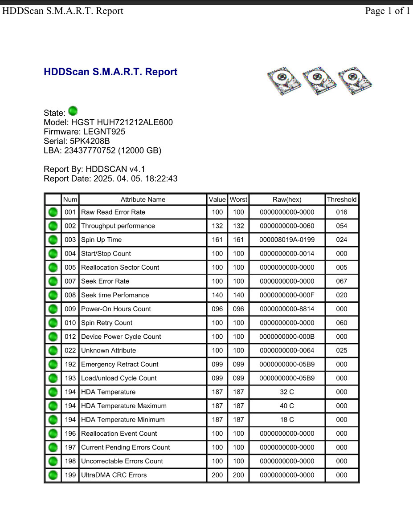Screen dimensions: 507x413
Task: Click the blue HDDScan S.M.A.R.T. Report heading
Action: (x=110, y=72)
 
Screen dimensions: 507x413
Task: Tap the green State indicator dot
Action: (x=73, y=111)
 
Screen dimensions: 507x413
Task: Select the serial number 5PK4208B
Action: (x=90, y=141)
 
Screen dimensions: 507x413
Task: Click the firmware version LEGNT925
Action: (x=104, y=132)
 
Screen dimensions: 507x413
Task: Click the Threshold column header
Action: (x=341, y=199)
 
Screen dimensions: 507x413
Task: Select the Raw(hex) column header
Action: (x=287, y=199)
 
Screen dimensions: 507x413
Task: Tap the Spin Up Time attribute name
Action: (x=101, y=240)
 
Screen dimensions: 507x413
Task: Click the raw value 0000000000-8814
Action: (x=287, y=309)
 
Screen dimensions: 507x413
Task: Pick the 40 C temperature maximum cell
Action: (x=287, y=406)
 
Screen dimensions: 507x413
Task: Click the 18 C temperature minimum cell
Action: (x=287, y=420)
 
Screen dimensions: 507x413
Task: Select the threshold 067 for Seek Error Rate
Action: (x=341, y=281)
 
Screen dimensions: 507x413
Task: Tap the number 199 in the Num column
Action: (x=70, y=475)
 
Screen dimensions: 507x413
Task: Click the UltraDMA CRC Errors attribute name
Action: (x=114, y=475)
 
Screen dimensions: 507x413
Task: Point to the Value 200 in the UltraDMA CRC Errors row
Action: (x=217, y=475)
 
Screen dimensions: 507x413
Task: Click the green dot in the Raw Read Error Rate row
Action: (x=53, y=212)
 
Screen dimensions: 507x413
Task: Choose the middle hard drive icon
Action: (x=319, y=81)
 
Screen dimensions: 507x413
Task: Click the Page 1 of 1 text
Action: (x=387, y=11)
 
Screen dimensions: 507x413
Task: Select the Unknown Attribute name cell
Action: (x=108, y=350)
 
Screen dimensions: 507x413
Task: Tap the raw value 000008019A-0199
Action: (x=287, y=240)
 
